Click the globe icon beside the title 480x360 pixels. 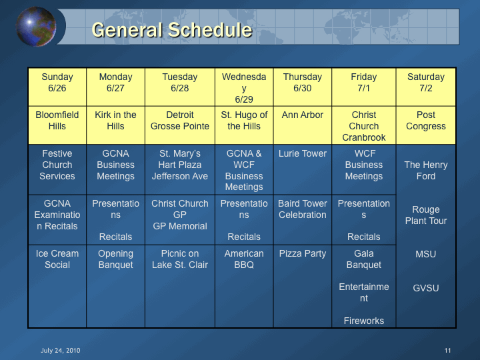click(x=36, y=27)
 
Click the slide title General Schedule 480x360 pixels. click(x=172, y=30)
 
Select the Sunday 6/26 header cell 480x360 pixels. click(x=57, y=87)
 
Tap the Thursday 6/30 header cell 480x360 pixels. click(x=303, y=87)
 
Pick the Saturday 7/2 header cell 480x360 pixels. click(x=426, y=87)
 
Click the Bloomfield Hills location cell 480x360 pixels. click(x=57, y=125)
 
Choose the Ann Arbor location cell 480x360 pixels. click(x=303, y=125)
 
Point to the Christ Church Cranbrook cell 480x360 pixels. click(x=364, y=125)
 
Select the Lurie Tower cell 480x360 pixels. click(x=303, y=169)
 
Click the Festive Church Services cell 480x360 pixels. click(x=57, y=169)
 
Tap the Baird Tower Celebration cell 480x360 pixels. click(x=303, y=220)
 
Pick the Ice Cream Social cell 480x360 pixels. click(x=57, y=286)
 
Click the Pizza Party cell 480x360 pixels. click(x=303, y=286)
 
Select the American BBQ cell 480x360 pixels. click(x=244, y=286)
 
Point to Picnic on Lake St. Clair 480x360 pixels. click(x=180, y=259)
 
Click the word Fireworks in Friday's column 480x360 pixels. click(x=364, y=321)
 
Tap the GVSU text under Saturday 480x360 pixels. click(x=426, y=288)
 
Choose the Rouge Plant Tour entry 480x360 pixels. click(x=426, y=215)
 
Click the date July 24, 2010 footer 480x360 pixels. click(x=60, y=351)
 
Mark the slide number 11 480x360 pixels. click(x=447, y=351)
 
